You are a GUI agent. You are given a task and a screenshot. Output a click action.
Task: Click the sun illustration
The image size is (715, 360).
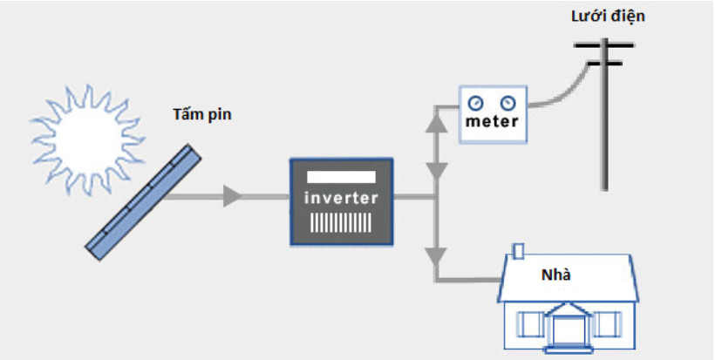[x=86, y=139]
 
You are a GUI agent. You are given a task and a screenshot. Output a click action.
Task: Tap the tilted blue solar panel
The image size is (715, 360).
[x=143, y=202]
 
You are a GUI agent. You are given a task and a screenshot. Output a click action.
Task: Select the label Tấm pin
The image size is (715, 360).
[x=202, y=114]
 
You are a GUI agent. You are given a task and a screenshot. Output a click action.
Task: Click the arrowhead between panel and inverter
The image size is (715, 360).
[x=232, y=196]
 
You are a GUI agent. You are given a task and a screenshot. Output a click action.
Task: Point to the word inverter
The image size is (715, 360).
[x=342, y=198]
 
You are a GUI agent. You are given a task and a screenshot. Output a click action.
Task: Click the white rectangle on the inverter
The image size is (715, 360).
[x=342, y=177]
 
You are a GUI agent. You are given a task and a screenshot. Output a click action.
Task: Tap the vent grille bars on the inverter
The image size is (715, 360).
[x=341, y=223]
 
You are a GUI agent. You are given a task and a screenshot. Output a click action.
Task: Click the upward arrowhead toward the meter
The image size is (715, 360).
[x=437, y=124]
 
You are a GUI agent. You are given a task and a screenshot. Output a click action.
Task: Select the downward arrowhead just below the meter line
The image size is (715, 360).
[x=437, y=171]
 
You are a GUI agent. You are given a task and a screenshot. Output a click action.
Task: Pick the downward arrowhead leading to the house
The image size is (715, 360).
[x=437, y=256]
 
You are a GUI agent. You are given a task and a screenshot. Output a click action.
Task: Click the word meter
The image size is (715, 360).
[x=492, y=122]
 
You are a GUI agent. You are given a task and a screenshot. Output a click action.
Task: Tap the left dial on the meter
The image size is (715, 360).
[x=474, y=104]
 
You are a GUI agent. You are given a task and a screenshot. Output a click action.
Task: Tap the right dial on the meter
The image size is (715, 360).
[x=507, y=104]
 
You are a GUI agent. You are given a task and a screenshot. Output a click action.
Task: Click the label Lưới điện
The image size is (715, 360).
[x=609, y=17]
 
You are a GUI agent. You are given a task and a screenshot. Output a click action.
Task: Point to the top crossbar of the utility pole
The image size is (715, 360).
[x=603, y=45]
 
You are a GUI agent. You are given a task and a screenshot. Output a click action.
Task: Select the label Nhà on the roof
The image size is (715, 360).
[x=556, y=275]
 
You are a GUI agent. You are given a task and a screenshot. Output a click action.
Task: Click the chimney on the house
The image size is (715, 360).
[x=519, y=251]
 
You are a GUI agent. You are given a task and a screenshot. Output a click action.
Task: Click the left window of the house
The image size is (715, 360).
[x=530, y=324]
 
